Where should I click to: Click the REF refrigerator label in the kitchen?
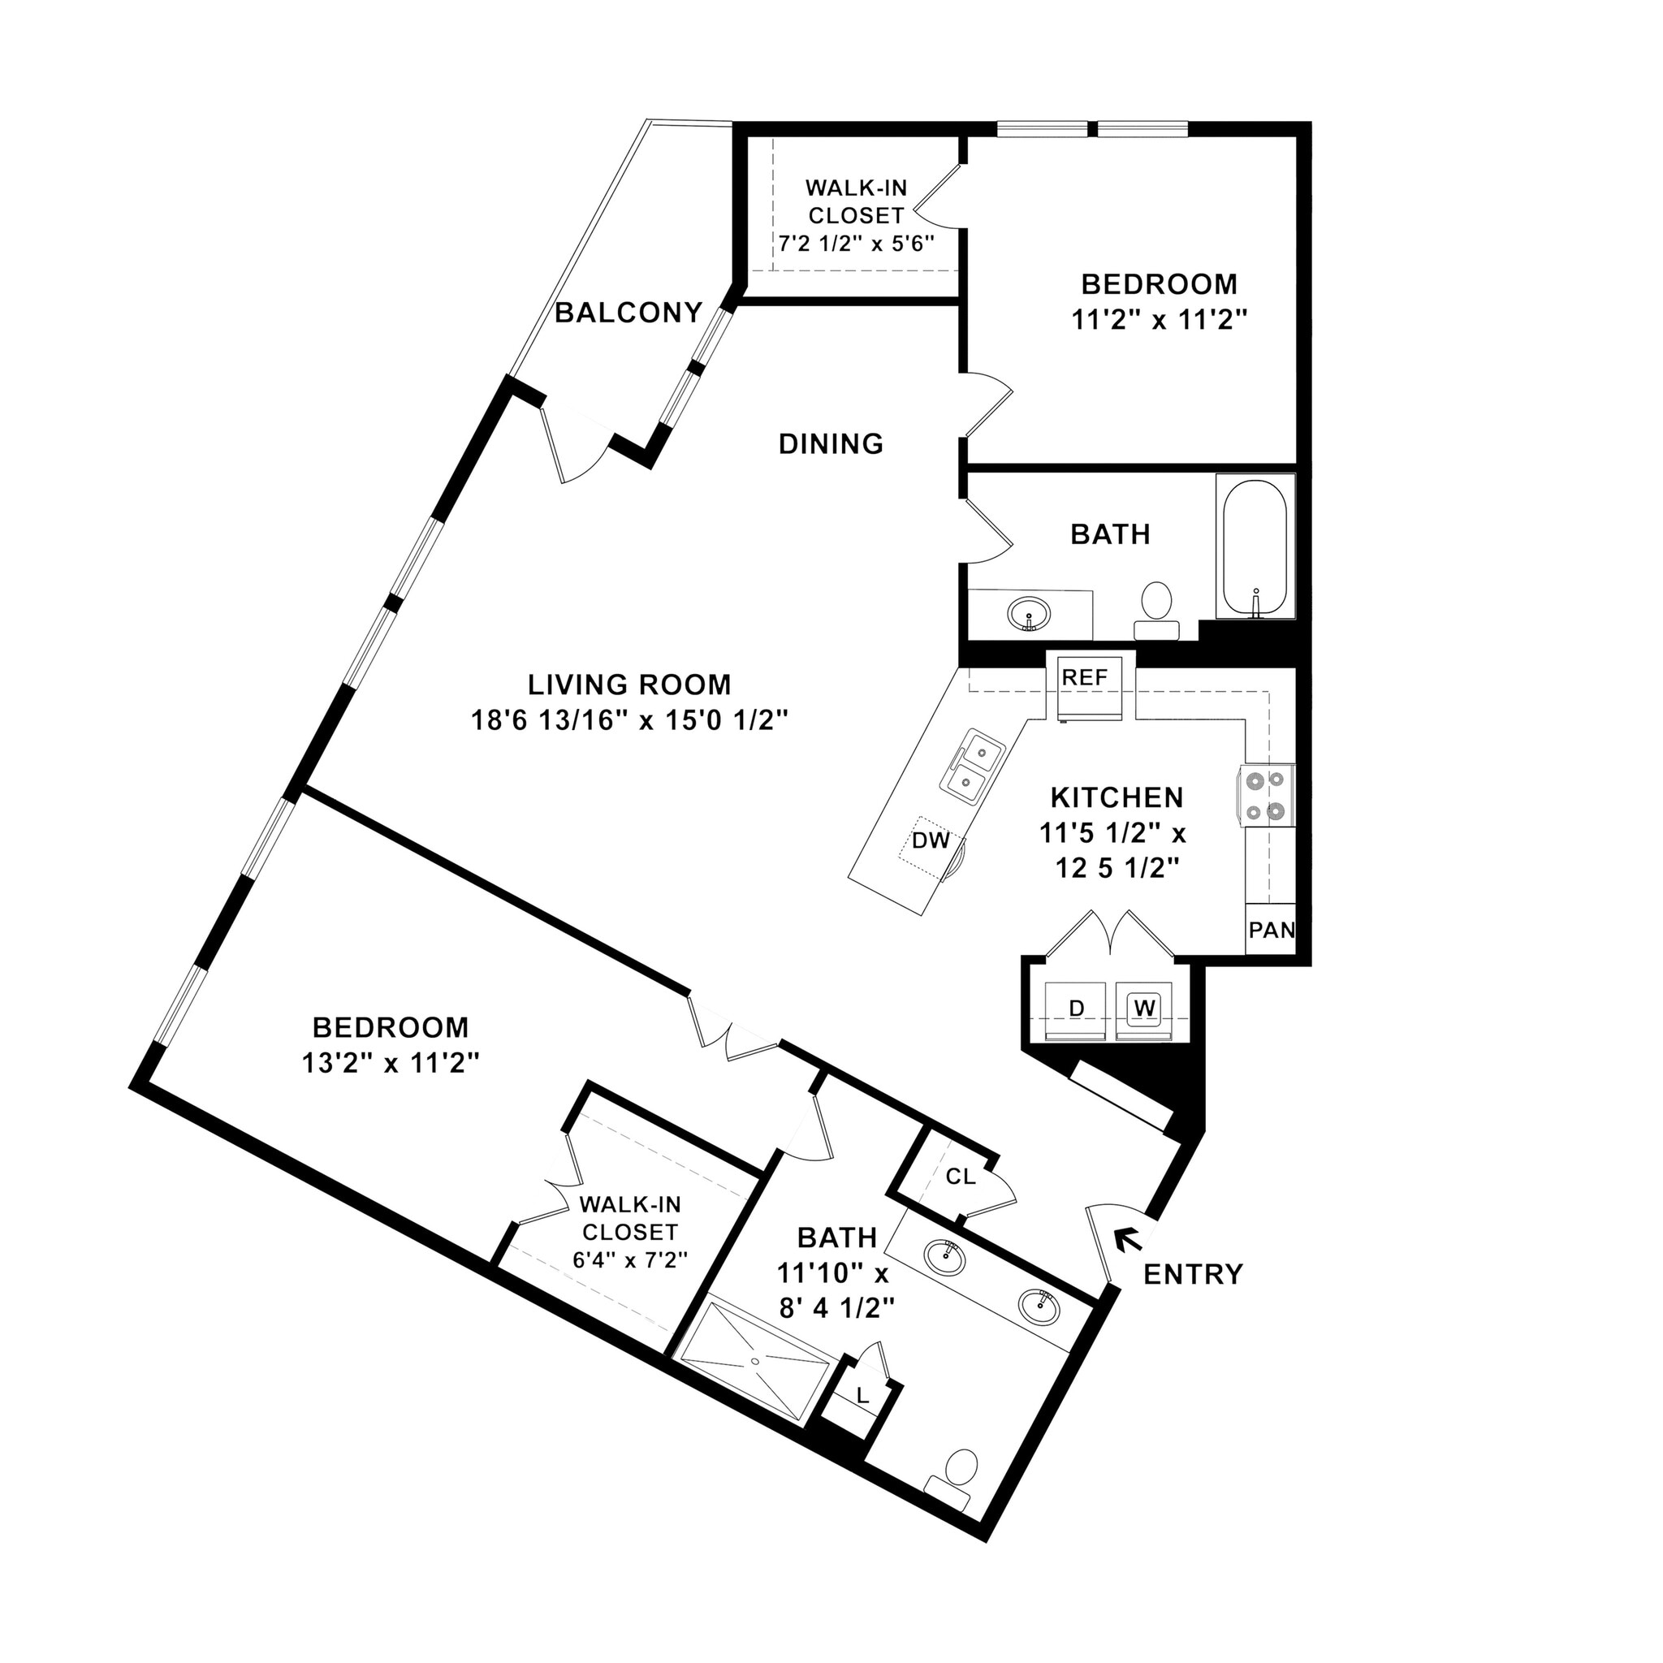tap(1085, 677)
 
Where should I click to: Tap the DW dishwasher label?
tap(930, 840)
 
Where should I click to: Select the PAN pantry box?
tap(1272, 930)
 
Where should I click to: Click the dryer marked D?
tap(1075, 1008)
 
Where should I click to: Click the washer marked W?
tap(1143, 1006)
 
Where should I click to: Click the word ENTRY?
tap(1192, 1274)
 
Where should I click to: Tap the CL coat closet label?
tap(961, 1177)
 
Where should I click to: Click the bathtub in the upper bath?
tap(1254, 545)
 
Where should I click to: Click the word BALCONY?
tap(628, 313)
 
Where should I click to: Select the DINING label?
tap(831, 444)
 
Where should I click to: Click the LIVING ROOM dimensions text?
tap(629, 720)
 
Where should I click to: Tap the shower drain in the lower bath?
tap(756, 1361)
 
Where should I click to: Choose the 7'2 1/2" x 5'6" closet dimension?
tap(856, 244)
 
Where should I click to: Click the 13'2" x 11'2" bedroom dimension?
tap(390, 1064)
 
